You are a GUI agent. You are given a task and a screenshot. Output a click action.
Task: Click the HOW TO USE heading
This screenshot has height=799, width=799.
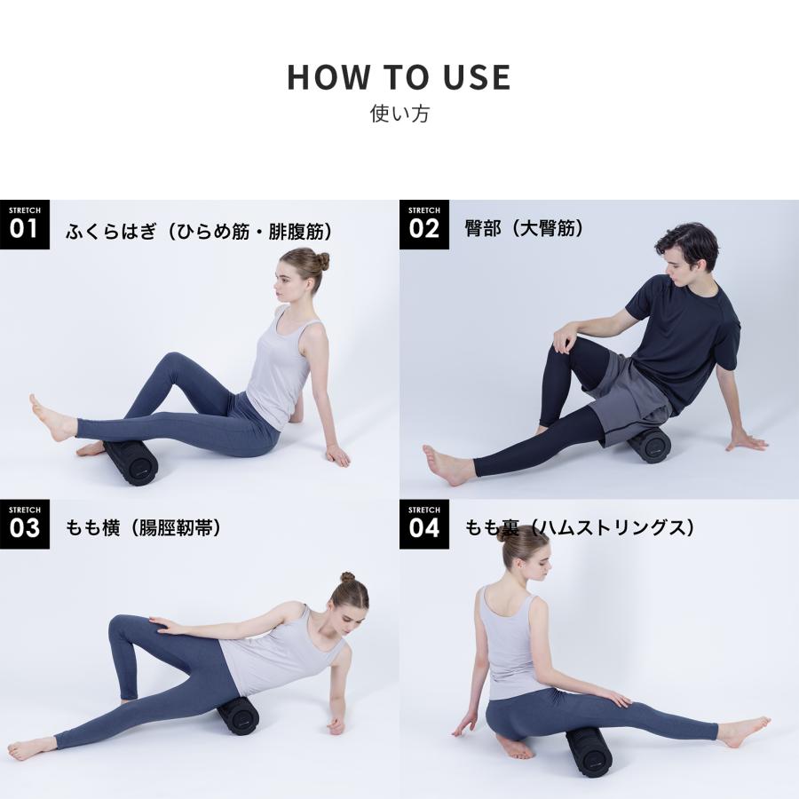tap(399, 77)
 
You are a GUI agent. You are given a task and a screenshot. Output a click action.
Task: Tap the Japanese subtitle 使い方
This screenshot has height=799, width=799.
tap(399, 114)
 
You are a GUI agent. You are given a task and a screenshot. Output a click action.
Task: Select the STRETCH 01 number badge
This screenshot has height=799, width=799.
tap(25, 225)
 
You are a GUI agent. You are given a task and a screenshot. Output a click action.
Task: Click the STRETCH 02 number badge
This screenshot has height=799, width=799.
tap(424, 225)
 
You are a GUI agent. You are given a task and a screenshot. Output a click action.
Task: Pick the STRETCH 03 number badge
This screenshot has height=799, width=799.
tap(25, 524)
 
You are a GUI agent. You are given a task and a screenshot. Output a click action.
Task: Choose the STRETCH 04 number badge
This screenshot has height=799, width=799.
tap(424, 524)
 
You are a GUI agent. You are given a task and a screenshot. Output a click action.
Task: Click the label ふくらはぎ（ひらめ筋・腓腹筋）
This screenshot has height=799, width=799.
tap(199, 232)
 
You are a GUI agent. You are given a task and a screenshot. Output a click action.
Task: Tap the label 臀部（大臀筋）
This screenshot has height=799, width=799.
tap(524, 228)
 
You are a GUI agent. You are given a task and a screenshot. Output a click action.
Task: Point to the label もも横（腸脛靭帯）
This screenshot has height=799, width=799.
tap(143, 528)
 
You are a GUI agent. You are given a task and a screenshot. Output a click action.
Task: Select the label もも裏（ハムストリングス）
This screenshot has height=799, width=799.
tap(579, 528)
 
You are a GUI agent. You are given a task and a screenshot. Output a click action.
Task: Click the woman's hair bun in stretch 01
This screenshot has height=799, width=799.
tap(320, 261)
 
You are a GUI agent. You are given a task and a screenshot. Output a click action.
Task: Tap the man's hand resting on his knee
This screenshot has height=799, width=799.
tap(565, 338)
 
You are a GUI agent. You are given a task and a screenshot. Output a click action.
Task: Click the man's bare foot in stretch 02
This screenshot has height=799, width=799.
tap(443, 464)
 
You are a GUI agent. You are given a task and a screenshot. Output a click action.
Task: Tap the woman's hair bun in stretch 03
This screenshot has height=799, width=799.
tap(347, 577)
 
